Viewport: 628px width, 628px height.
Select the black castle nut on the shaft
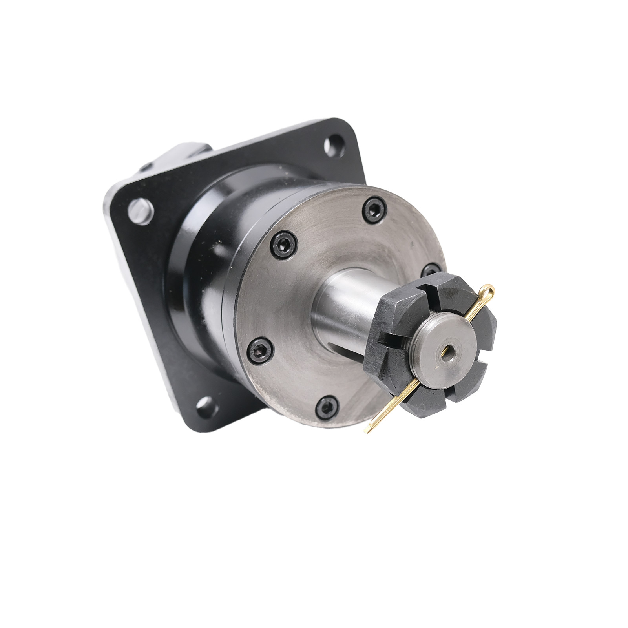coord(432,345)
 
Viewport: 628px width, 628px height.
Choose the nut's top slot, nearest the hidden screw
coord(426,292)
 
